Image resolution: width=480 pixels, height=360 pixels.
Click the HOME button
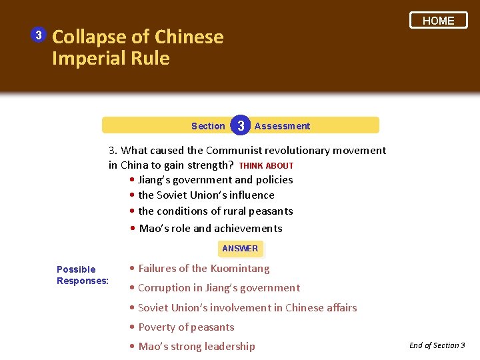[x=438, y=21]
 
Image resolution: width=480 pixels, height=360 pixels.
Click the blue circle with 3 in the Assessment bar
[x=241, y=125]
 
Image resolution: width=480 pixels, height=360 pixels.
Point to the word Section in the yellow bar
[x=208, y=126]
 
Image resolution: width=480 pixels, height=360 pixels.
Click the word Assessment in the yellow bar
[x=282, y=126]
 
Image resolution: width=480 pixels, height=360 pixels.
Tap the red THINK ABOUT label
[x=266, y=165]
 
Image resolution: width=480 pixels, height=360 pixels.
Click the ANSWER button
[x=240, y=249]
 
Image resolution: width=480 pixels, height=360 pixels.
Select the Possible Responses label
[x=82, y=275]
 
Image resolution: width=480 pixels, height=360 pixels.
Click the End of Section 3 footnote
[x=437, y=345]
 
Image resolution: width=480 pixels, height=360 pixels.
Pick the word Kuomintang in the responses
[x=240, y=269]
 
